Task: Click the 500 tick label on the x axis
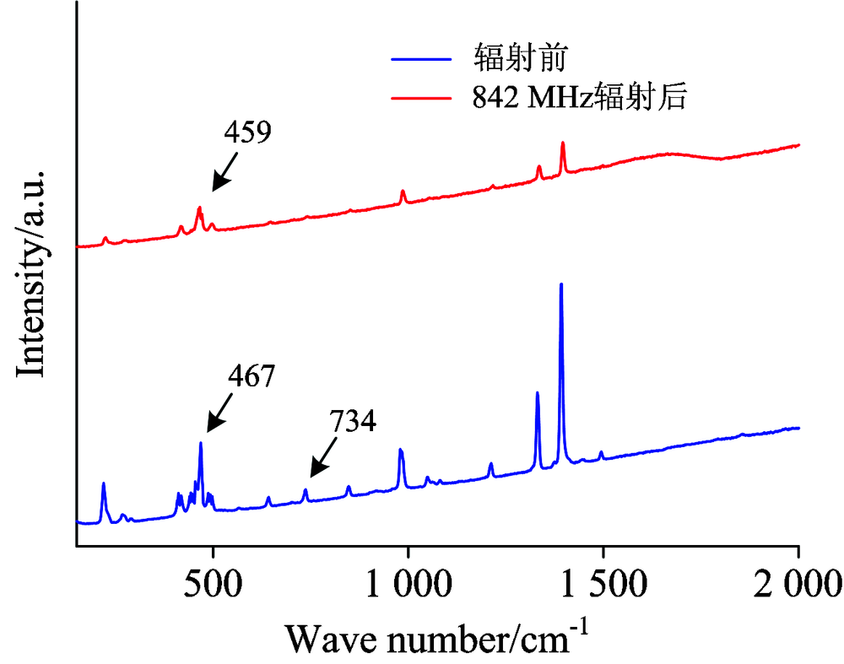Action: coord(213,581)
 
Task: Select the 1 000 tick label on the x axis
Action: coord(408,581)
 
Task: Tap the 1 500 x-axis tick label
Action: coord(603,581)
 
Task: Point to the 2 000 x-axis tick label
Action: coord(798,581)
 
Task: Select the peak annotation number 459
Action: coord(247,132)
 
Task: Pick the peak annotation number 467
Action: coord(252,376)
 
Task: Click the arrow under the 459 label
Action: coord(224,177)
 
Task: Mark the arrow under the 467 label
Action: coord(219,418)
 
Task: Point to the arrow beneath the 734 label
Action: coord(322,464)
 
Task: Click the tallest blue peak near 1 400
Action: coord(561,285)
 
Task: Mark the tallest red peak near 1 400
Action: coord(563,143)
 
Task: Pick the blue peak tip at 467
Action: coord(201,443)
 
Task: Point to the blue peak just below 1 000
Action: coord(401,451)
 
